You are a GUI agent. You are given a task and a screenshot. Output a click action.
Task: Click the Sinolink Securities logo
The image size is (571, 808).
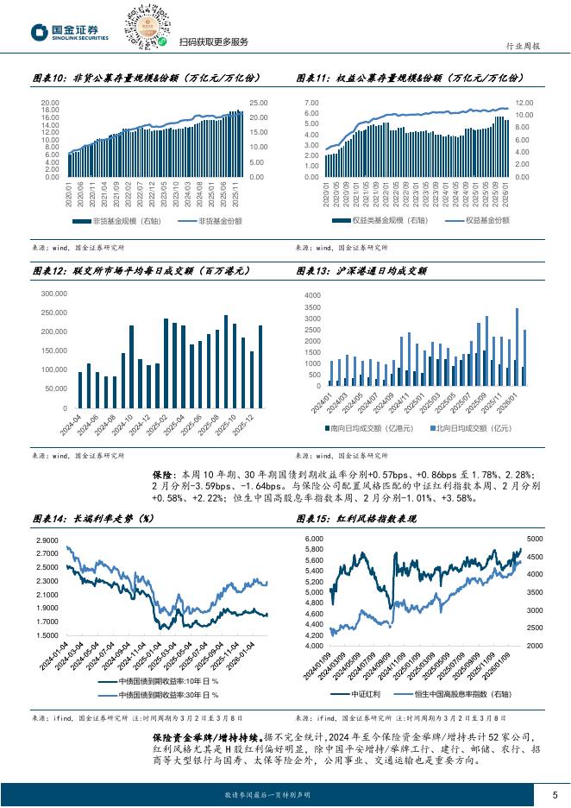pos(69,31)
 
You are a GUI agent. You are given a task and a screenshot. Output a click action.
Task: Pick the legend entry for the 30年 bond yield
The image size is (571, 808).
pos(169,694)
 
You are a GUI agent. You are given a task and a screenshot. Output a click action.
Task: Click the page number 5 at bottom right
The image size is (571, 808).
pos(555,794)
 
